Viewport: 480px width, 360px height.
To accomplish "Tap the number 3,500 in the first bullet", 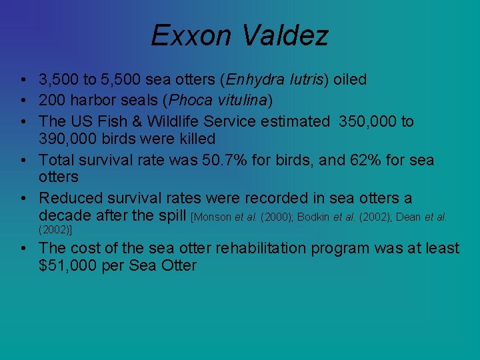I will [59, 80].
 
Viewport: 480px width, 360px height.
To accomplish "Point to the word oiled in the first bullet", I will [350, 80].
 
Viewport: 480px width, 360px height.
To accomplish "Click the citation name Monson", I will [213, 217].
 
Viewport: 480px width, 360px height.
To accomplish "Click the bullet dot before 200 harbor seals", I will [23, 101].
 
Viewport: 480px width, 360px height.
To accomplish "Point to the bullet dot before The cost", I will [23, 248].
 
